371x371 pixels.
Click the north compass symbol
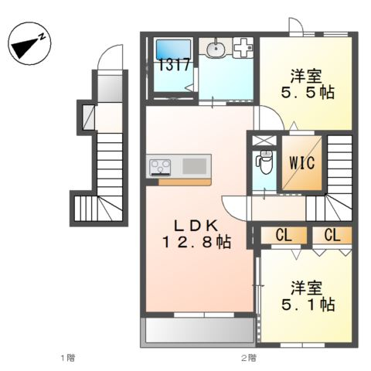tap(29, 43)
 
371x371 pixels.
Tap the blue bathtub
tap(173, 49)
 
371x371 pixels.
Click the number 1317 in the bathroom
tap(174, 65)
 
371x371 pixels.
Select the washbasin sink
tap(216, 48)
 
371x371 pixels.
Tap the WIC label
tap(301, 163)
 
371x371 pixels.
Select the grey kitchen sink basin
tap(195, 166)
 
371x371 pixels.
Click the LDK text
tap(196, 226)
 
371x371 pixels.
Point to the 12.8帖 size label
tap(196, 242)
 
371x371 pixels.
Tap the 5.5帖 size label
tap(308, 93)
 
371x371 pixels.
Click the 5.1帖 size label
tap(308, 305)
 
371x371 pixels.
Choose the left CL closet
tap(284, 235)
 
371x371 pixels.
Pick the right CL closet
tap(332, 235)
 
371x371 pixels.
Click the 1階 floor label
tap(68, 358)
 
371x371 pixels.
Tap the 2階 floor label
tap(249, 358)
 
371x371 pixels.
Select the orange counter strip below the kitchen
tap(185, 182)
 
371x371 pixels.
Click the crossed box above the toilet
tap(264, 141)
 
